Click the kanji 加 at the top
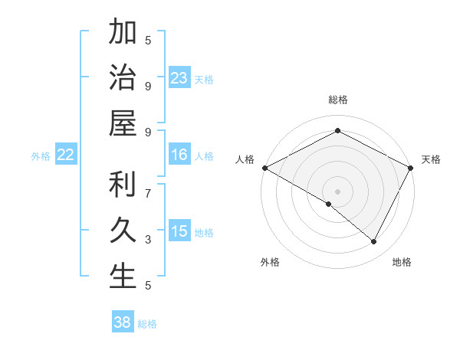coord(123,34)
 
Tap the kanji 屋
coord(123,123)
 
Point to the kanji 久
coord(123,231)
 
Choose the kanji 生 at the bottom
coord(123,276)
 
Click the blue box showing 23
coord(179,78)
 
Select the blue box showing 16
coord(179,155)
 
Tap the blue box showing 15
coord(179,232)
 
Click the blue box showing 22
coord(66,155)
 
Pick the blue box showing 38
coord(123,323)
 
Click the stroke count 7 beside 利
coord(148,185)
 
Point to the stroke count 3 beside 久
coord(148,240)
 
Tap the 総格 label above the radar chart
coord(337,100)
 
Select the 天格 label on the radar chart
coord(431,159)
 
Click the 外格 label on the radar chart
coord(270,262)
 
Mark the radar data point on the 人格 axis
coord(264,168)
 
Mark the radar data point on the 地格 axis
coord(374,242)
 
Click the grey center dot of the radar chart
coord(337,191)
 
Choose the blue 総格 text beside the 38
coord(147,324)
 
